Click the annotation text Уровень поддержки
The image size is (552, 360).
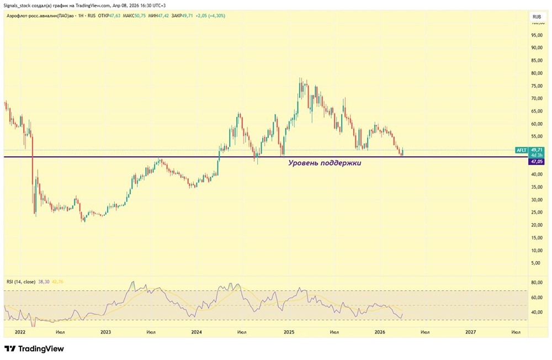click(325, 163)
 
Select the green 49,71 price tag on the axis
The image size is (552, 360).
click(536, 150)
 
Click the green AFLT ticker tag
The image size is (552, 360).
click(521, 150)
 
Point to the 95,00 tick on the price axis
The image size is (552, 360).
click(535, 35)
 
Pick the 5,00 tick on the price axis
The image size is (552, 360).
click(535, 263)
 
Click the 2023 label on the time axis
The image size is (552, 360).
click(106, 332)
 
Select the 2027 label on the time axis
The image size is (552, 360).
click(470, 332)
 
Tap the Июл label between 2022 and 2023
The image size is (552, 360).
click(61, 332)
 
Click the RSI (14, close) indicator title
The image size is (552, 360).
click(21, 282)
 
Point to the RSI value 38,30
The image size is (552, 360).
click(44, 282)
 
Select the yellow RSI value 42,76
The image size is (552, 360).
click(57, 282)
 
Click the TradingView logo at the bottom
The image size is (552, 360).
click(34, 349)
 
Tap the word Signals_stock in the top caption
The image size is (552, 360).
click(19, 5)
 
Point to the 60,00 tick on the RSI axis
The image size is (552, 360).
click(535, 298)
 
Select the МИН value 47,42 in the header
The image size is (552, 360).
click(163, 15)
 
